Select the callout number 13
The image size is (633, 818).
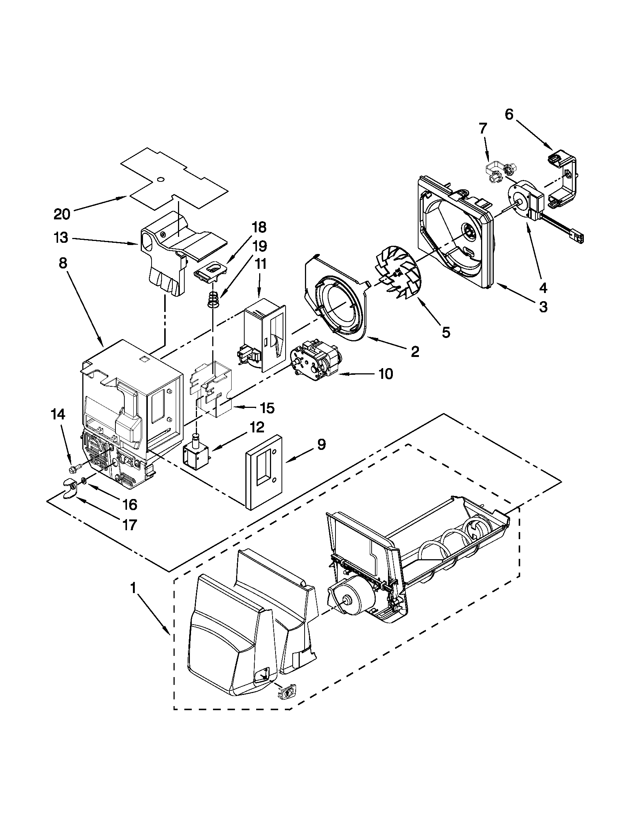tap(61, 238)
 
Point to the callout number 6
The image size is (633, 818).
tap(509, 115)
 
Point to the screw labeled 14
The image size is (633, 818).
tap(76, 468)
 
